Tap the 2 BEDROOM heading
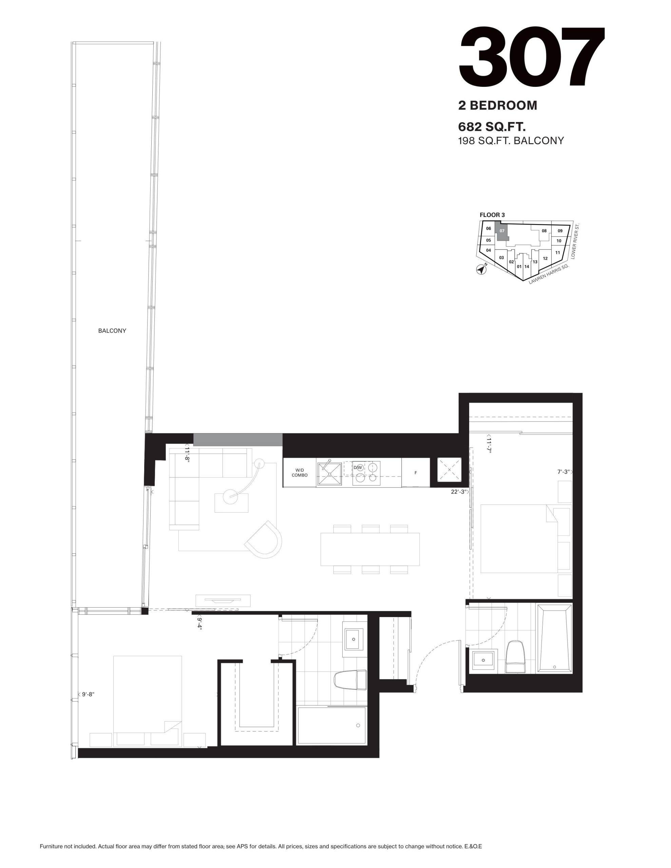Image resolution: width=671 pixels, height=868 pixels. point(498,105)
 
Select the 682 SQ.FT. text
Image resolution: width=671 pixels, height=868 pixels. point(492,127)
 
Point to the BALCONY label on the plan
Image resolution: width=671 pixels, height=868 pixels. point(112,331)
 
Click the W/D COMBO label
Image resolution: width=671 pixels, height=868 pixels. point(300,473)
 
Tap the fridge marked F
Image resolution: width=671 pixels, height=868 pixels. point(416,473)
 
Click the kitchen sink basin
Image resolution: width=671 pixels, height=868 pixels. point(329,474)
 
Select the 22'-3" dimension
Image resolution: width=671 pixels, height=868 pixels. point(458,492)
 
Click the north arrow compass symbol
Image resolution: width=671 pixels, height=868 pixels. point(482,269)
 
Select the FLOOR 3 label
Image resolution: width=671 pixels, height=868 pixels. point(492,215)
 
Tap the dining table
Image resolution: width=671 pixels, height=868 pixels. point(370,549)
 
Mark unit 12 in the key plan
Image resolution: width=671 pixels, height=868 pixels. point(545,258)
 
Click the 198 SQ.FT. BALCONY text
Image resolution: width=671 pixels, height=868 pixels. point(511,141)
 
